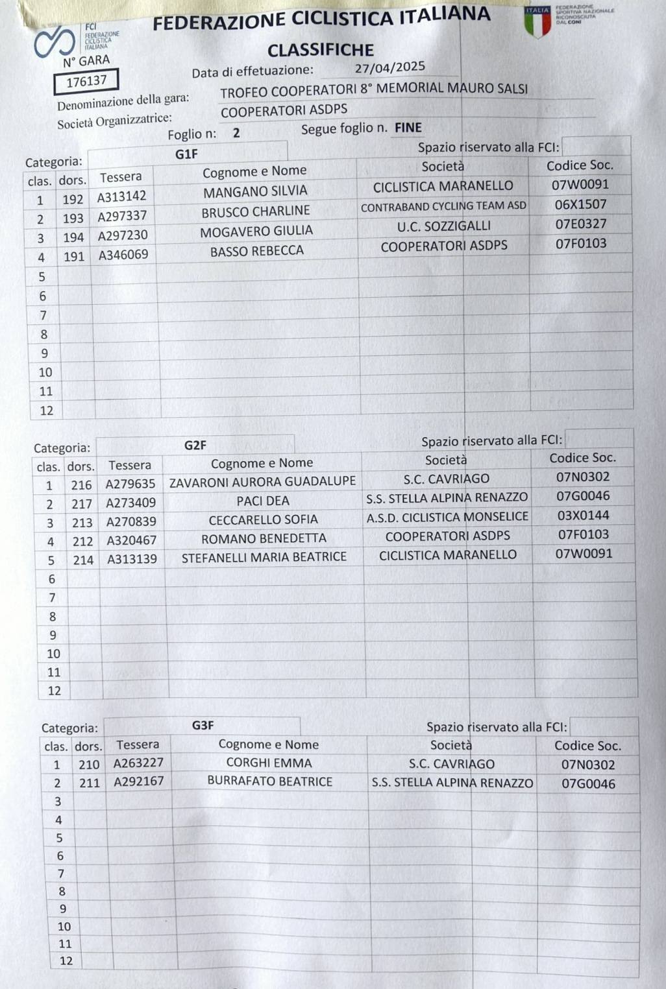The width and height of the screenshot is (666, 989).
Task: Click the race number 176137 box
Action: (86, 81)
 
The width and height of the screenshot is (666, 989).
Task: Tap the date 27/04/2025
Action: (389, 67)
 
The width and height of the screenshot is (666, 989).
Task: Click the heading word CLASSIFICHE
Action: (320, 50)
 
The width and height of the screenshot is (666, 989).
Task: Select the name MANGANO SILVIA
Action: (255, 192)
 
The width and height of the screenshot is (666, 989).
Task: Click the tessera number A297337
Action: (122, 216)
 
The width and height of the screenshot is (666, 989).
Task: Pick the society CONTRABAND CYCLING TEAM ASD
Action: (443, 208)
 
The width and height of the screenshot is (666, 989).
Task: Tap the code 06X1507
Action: (580, 204)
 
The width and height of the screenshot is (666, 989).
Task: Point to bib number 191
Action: (74, 257)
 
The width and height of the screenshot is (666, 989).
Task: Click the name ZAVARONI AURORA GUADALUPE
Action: (262, 482)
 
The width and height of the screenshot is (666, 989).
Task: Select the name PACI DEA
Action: (263, 501)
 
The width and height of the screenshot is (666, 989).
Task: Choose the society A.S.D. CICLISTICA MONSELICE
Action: (447, 518)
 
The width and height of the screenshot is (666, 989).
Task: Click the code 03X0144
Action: (584, 516)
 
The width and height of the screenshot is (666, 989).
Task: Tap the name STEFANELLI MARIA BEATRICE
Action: (264, 557)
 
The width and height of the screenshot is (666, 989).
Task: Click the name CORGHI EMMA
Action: (269, 763)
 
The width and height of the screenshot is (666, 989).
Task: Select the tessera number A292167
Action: (139, 781)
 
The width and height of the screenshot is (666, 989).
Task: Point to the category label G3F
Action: (203, 725)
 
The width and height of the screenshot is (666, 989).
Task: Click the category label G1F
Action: (186, 154)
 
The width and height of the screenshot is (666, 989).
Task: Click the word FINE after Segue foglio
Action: (408, 128)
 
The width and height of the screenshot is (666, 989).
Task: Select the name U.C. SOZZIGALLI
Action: (444, 226)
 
